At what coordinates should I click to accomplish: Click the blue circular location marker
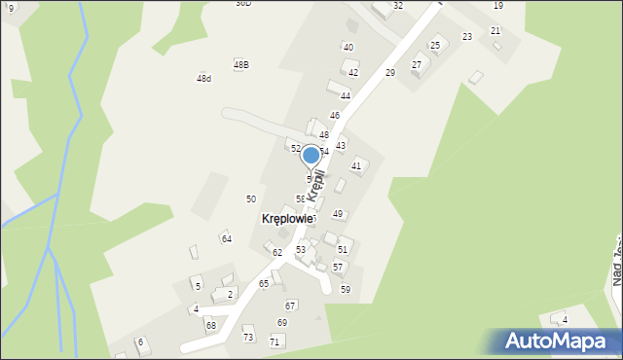pos(311,155)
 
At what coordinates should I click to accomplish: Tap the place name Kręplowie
pos(288,219)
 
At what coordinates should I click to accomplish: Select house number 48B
pos(241,64)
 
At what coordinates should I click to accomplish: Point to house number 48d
pos(203,78)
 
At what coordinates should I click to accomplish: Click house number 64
pos(226,238)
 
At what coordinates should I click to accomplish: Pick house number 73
pos(247,337)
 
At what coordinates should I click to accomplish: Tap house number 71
pos(275,342)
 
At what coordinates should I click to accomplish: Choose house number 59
pos(345,290)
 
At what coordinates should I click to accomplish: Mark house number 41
pos(356,166)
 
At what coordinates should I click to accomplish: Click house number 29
pos(389,73)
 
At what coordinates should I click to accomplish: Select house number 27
pos(417,64)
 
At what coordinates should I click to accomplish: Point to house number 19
pos(497,6)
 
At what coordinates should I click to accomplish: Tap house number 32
pos(397,6)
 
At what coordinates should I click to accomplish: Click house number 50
pos(250,198)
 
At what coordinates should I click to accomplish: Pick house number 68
pos(210,325)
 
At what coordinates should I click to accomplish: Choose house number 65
pos(264,283)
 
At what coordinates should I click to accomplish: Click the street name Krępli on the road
pos(314,184)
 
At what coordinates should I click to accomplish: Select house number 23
pos(466,37)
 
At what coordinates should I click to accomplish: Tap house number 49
pos(338,214)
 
